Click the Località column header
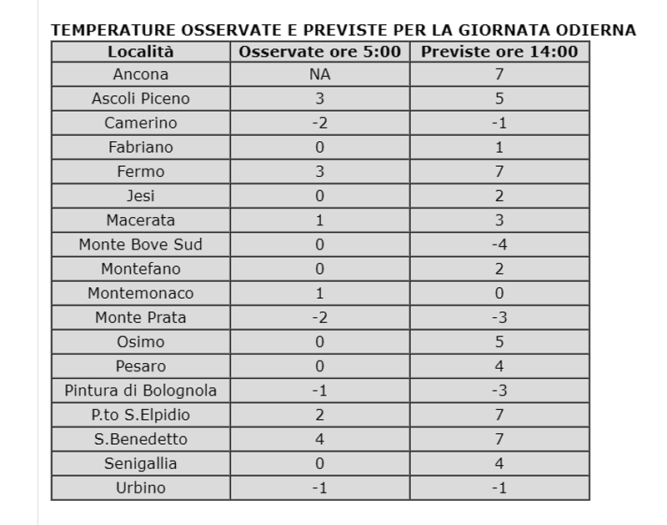tap(140, 52)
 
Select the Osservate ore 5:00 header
tap(319, 52)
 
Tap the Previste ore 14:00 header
tap(499, 52)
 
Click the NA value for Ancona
tap(319, 74)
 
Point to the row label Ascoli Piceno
tap(140, 98)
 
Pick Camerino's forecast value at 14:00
tap(499, 123)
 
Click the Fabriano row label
tap(140, 147)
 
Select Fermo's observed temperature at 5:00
tap(319, 172)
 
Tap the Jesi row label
tap(140, 196)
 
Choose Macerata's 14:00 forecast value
tap(499, 220)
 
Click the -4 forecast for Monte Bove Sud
tap(499, 245)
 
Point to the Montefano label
tap(140, 269)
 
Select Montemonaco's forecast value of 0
tap(499, 293)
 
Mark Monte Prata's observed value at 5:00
tap(319, 317)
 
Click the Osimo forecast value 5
tap(499, 342)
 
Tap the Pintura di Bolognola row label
tap(140, 391)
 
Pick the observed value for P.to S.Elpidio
tap(319, 415)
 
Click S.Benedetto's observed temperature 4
tap(319, 439)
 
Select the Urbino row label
tap(140, 487)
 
